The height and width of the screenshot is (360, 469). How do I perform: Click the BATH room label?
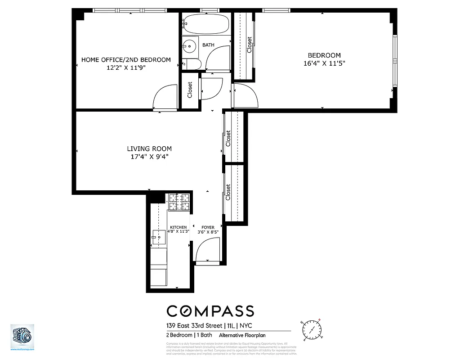208,45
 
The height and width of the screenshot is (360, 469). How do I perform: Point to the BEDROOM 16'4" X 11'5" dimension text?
324,63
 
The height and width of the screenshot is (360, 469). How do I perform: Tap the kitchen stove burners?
179,202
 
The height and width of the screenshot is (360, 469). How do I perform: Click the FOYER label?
208,227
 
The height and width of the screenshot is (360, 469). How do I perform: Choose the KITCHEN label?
178,227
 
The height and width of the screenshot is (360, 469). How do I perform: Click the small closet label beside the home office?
190,90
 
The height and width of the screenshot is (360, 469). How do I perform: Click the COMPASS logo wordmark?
210,311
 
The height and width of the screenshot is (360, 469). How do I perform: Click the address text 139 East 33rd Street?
194,325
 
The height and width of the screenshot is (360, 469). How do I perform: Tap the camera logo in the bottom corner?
22,335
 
